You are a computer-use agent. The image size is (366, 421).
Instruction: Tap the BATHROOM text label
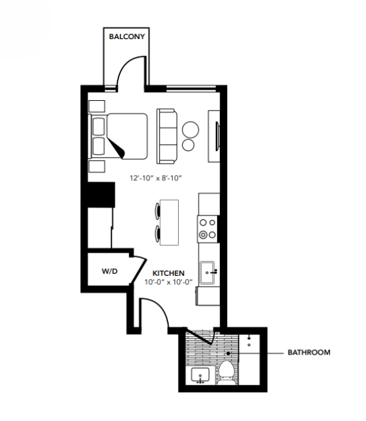pyautogui.click(x=308, y=353)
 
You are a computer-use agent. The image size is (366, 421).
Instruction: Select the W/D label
pyautogui.click(x=110, y=271)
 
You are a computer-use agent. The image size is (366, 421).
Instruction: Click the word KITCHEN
pyautogui.click(x=168, y=272)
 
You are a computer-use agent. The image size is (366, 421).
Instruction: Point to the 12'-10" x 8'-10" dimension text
pyautogui.click(x=155, y=178)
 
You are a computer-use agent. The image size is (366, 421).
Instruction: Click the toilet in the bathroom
pyautogui.click(x=227, y=371)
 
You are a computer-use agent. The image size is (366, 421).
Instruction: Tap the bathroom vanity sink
pyautogui.click(x=199, y=377)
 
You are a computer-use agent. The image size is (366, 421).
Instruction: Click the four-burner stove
pyautogui.click(x=208, y=229)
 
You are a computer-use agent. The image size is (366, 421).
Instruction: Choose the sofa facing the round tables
pyautogui.click(x=167, y=136)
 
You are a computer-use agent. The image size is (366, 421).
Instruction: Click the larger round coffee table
pyautogui.click(x=191, y=129)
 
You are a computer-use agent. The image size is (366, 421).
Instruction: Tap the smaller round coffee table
pyautogui.click(x=189, y=145)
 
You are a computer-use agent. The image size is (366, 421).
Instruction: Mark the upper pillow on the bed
pyautogui.click(x=99, y=126)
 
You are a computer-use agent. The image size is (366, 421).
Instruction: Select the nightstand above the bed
pyautogui.click(x=97, y=106)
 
